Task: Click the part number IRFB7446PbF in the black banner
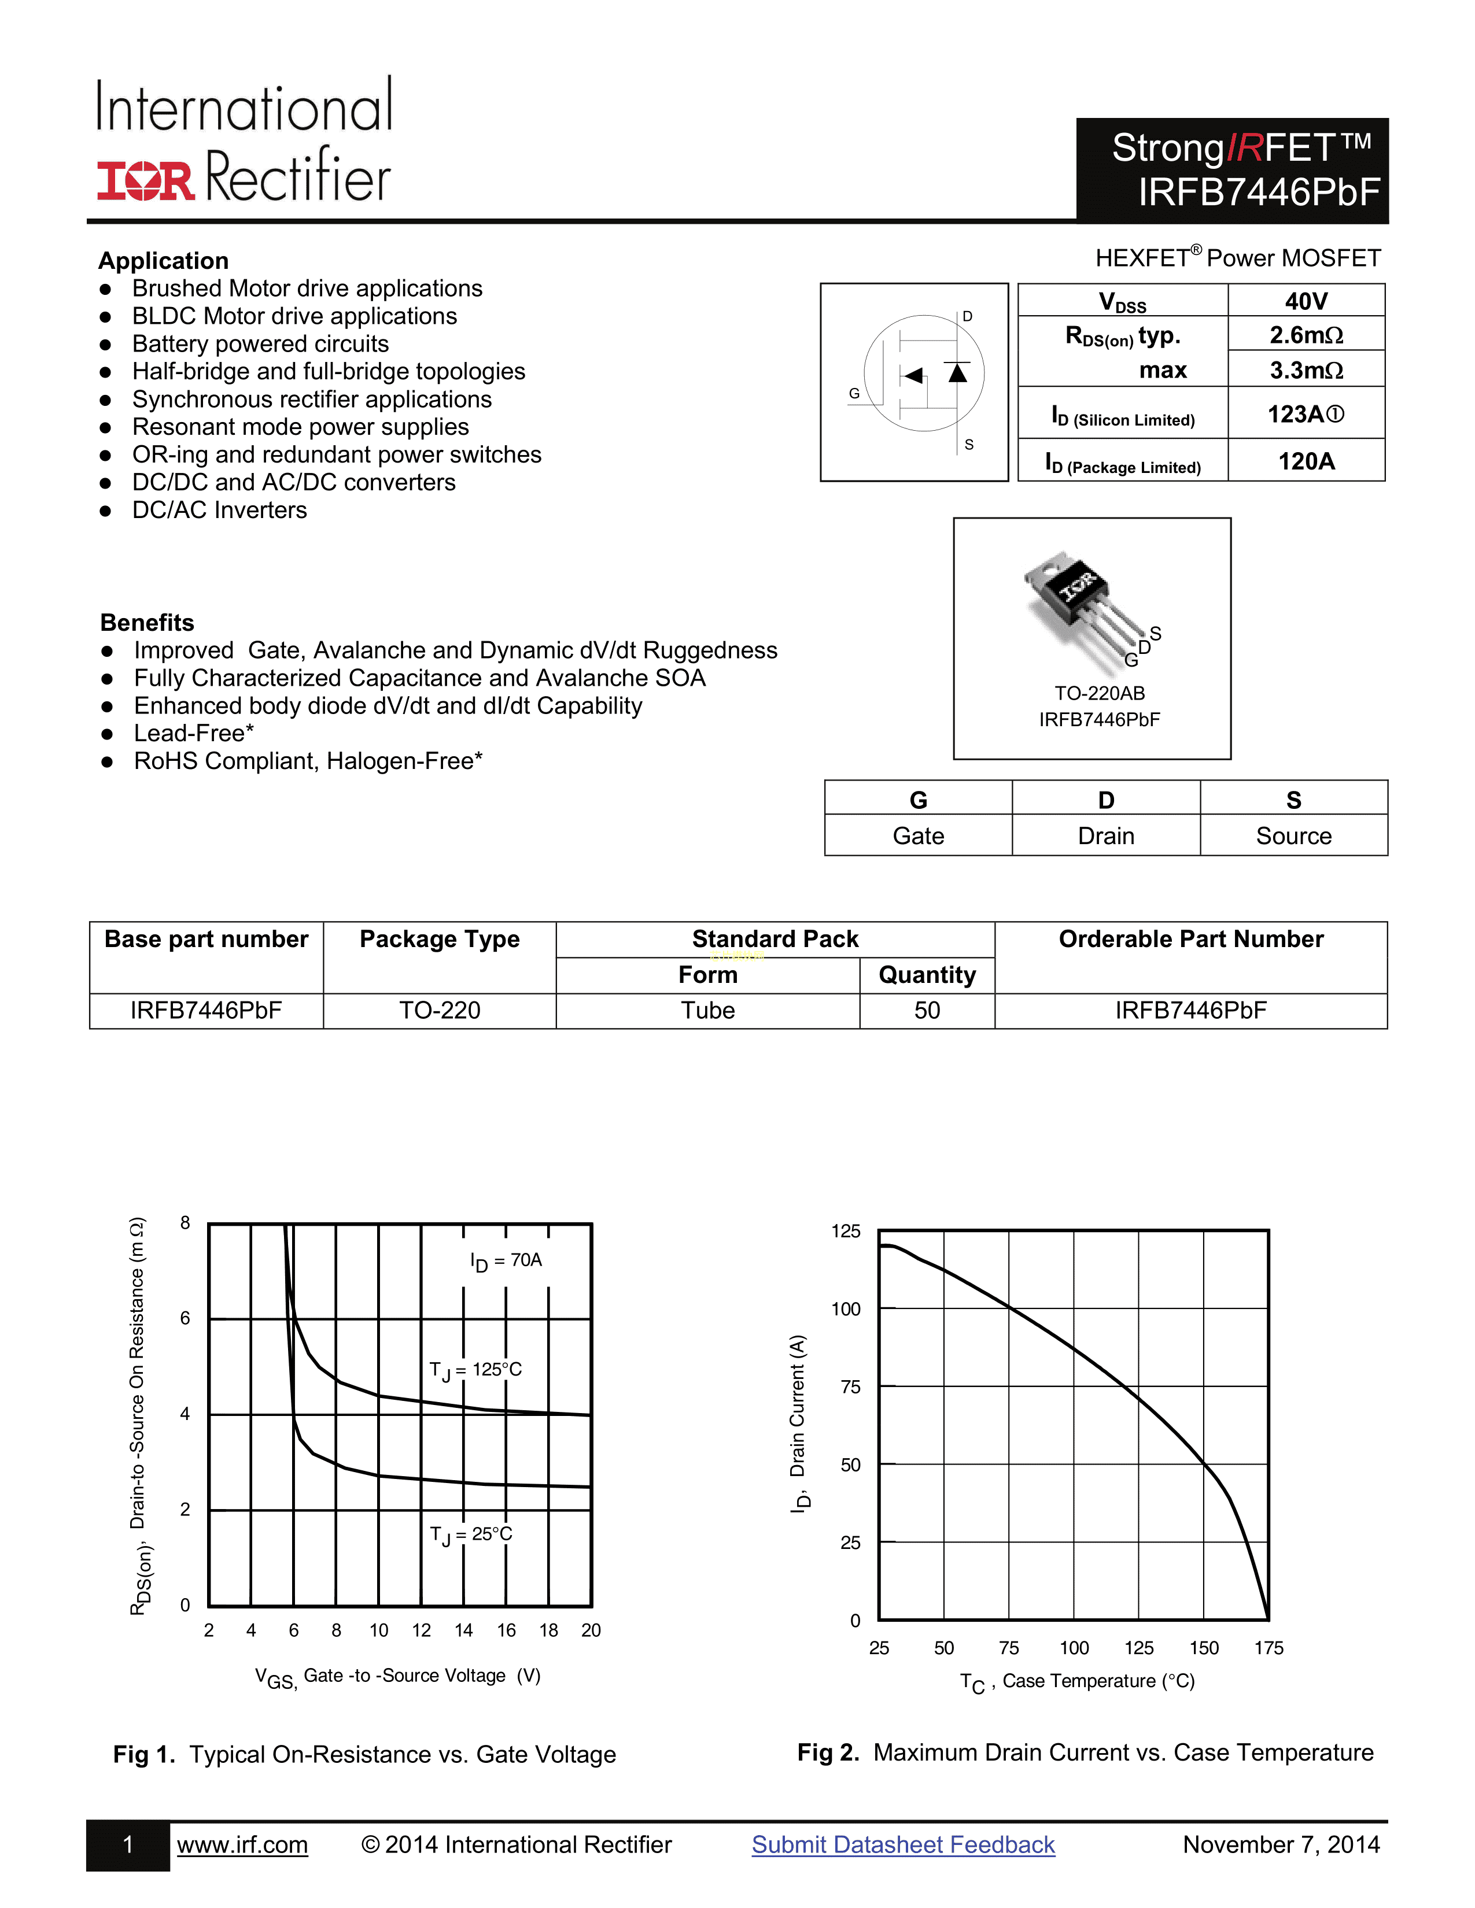pyautogui.click(x=1258, y=192)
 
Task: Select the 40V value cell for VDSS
pyautogui.click(x=1306, y=301)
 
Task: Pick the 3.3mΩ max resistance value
pyautogui.click(x=1306, y=371)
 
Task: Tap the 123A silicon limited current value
pyautogui.click(x=1306, y=414)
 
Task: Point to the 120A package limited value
pyautogui.click(x=1306, y=461)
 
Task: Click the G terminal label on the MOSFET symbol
pyautogui.click(x=854, y=394)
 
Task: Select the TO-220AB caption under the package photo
pyautogui.click(x=1099, y=693)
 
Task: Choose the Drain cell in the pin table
pyautogui.click(x=1105, y=836)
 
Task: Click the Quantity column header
pyautogui.click(x=927, y=975)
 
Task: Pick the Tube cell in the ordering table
pyautogui.click(x=708, y=1011)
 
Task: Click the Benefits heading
pyautogui.click(x=147, y=623)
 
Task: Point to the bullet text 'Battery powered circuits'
pyautogui.click(x=260, y=344)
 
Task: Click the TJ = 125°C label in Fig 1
pyautogui.click(x=475, y=1370)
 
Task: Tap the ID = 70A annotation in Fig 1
pyautogui.click(x=506, y=1260)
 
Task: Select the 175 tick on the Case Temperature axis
pyautogui.click(x=1268, y=1648)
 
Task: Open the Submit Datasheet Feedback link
pyautogui.click(x=903, y=1844)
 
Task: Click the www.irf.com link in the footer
pyautogui.click(x=242, y=1844)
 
